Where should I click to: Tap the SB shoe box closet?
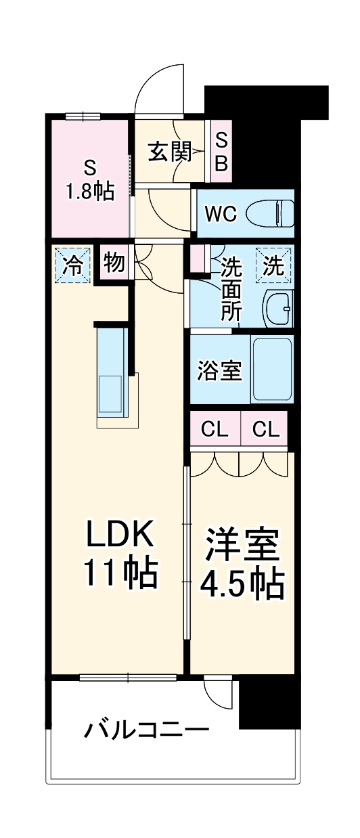click(x=221, y=152)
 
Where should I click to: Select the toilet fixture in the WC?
click(x=269, y=215)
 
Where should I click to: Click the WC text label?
click(x=221, y=215)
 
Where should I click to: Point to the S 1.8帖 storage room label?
click(x=89, y=180)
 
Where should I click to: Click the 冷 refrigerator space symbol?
click(x=72, y=264)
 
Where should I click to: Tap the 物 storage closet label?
click(x=114, y=262)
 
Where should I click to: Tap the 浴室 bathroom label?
click(x=219, y=371)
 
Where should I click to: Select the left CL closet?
click(x=215, y=428)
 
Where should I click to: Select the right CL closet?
click(x=265, y=428)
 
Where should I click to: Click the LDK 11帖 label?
click(x=120, y=553)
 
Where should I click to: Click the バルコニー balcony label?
click(x=145, y=731)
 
